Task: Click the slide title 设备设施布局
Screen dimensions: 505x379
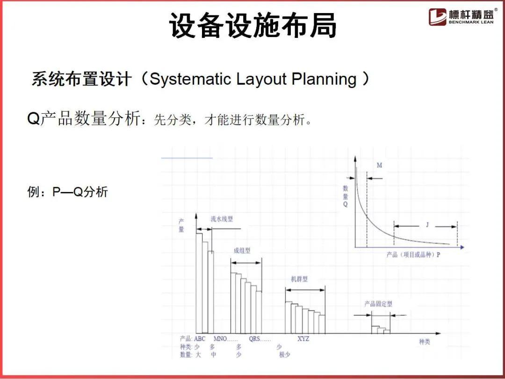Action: tap(253, 25)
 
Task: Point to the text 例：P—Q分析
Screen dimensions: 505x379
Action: tap(67, 192)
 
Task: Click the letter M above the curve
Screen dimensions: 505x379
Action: tap(379, 165)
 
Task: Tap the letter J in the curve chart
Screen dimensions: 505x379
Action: tap(427, 224)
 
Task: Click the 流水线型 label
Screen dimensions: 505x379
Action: tap(222, 219)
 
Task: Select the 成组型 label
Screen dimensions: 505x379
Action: tap(242, 250)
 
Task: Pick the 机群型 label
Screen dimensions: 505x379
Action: tap(299, 279)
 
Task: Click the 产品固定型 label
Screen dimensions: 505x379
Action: tap(378, 304)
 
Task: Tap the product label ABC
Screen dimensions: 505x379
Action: tap(199, 339)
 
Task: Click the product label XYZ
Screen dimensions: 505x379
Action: tap(303, 339)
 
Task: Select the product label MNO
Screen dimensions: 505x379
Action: tap(220, 339)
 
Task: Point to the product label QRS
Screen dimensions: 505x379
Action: tap(254, 339)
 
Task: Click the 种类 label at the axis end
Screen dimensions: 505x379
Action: tap(425, 342)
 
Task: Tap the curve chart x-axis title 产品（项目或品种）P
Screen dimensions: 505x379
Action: tap(413, 255)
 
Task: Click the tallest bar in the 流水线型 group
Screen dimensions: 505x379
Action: tap(199, 283)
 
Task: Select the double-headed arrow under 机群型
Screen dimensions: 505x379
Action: tap(305, 290)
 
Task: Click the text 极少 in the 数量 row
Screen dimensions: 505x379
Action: tap(285, 355)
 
